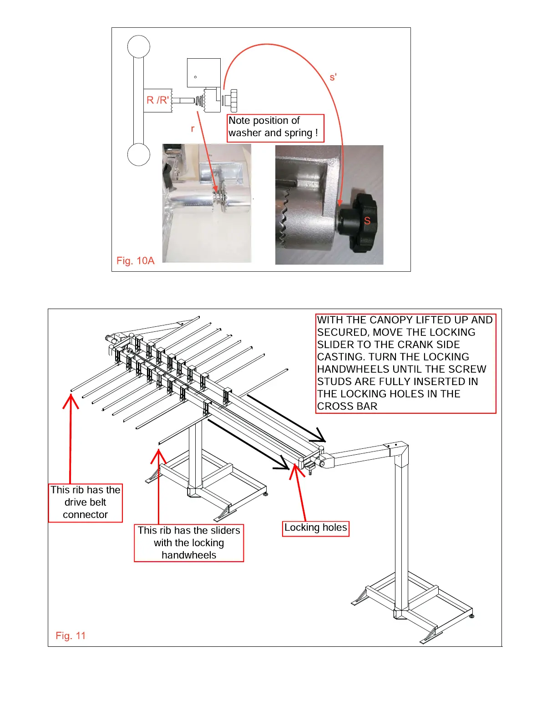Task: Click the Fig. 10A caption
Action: [x=135, y=261]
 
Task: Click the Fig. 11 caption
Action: [x=71, y=636]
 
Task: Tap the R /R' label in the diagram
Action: [x=157, y=100]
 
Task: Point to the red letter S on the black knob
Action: [x=367, y=221]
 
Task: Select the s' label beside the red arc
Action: [x=333, y=77]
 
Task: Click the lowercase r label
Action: [x=192, y=129]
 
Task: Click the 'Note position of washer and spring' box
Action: [x=275, y=128]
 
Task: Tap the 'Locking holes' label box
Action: [x=315, y=528]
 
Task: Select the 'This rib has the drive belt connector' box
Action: [x=85, y=503]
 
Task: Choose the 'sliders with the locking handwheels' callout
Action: [x=189, y=543]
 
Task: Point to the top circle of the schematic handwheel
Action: [x=139, y=46]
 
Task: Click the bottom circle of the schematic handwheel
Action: [x=139, y=155]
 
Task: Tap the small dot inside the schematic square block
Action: [x=195, y=77]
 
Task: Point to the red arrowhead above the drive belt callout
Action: [x=71, y=401]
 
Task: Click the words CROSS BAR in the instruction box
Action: [x=347, y=406]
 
